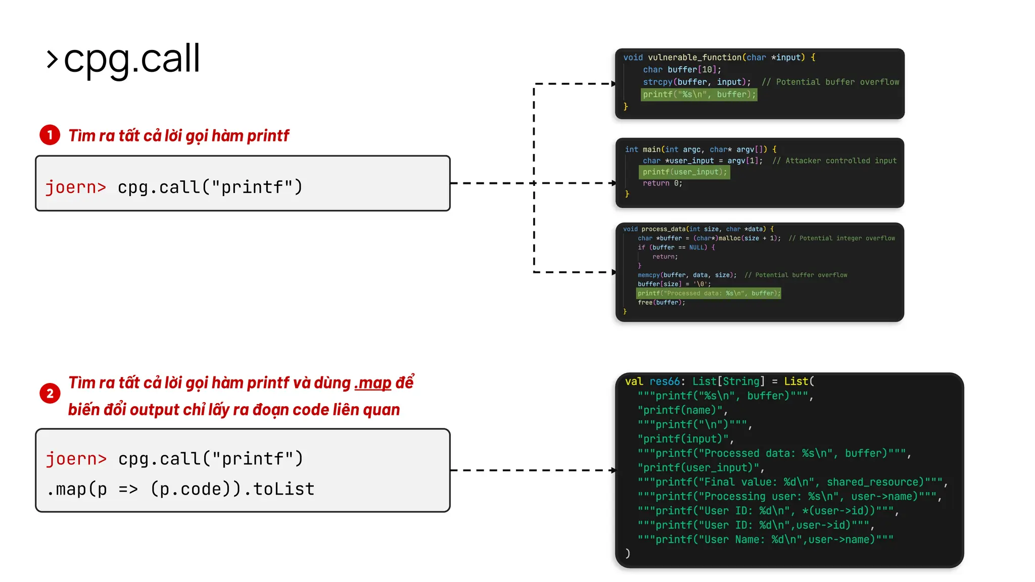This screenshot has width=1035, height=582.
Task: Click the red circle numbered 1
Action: click(50, 135)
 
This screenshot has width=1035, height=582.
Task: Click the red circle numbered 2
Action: click(50, 394)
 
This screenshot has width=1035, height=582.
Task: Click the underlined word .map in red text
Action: click(373, 383)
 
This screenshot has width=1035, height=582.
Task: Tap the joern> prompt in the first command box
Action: click(76, 187)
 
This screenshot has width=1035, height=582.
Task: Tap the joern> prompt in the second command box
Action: click(76, 459)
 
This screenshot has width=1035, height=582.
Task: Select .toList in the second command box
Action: click(284, 489)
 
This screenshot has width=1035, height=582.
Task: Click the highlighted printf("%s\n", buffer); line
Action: click(699, 94)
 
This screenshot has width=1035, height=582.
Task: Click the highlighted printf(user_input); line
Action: click(684, 172)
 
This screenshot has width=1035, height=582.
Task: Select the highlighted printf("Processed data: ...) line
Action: click(709, 294)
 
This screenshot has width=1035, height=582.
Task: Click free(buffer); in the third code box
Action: click(661, 303)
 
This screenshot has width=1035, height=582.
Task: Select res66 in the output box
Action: click(664, 381)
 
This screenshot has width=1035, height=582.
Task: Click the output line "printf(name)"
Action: click(682, 410)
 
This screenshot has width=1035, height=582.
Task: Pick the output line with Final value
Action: click(791, 482)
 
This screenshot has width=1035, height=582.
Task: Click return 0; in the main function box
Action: click(662, 183)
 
